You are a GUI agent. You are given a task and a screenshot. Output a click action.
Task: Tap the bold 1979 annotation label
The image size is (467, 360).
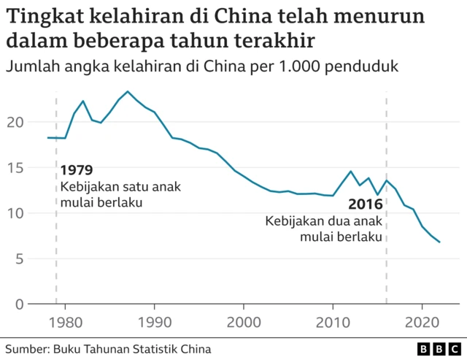(x=77, y=171)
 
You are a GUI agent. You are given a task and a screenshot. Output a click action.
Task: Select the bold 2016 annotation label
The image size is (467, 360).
(x=364, y=204)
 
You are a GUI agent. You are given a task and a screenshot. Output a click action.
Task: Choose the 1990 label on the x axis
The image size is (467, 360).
(x=154, y=321)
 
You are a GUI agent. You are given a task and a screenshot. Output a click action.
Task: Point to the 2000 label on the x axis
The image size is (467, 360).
(x=244, y=321)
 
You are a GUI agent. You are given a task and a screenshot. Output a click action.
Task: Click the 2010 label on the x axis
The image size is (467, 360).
(x=333, y=321)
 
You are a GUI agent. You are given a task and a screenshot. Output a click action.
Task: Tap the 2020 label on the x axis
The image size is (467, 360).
(x=422, y=321)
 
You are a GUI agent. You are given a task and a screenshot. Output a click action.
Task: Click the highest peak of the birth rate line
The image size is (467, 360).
(x=128, y=91)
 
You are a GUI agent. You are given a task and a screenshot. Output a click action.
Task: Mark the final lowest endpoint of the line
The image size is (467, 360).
(x=439, y=242)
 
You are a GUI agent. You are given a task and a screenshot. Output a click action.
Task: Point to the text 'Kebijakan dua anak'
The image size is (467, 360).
(x=323, y=221)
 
